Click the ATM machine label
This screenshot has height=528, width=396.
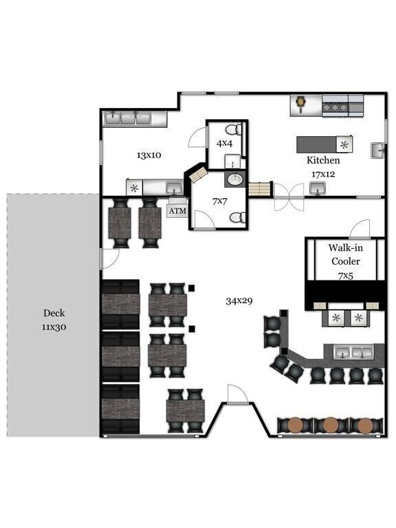coord(177,211)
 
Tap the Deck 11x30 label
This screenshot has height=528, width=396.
coord(54,320)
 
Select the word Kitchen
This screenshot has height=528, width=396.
coord(323,160)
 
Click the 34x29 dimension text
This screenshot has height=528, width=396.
coord(239,300)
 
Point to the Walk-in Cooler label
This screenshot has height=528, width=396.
coord(346,254)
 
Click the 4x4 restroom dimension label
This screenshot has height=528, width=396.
coord(224,144)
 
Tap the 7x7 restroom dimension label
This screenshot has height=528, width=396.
coord(219,201)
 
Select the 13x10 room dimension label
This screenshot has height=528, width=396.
coord(148,155)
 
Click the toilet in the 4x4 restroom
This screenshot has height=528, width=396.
coord(233,130)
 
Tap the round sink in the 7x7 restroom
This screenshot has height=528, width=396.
coord(235,179)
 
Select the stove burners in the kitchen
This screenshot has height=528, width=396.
coord(335,107)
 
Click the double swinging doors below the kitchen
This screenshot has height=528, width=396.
coord(289,197)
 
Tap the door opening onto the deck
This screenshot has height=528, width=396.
coord(109,259)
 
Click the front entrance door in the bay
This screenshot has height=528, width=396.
coord(238,395)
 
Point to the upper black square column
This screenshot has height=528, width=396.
coord(192,288)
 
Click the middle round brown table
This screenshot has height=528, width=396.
coord(330,425)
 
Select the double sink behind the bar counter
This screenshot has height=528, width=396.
coord(353,352)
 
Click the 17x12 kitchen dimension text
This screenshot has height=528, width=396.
coord(323,175)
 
